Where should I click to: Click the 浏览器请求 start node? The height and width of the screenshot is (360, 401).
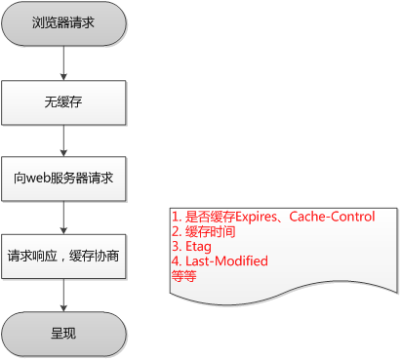coord(63,22)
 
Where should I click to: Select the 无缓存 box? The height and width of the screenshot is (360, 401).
coord(63,100)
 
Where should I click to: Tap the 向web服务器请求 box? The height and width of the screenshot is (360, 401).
coord(63,180)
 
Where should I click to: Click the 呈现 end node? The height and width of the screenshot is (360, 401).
coord(63,334)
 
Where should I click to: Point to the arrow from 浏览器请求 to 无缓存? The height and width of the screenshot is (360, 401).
coord(63,61)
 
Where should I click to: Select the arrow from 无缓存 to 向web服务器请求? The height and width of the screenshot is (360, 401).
coord(63,140)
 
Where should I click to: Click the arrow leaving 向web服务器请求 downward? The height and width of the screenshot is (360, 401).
coord(63,218)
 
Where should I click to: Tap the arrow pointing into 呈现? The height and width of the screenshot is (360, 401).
coord(63,296)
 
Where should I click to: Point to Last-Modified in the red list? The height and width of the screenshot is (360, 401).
coord(224,261)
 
